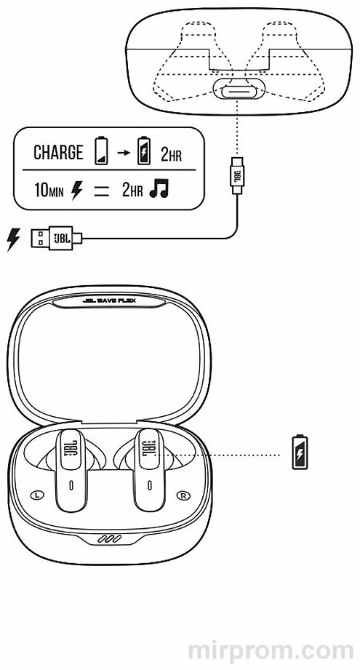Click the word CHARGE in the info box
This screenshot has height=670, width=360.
coord(58,153)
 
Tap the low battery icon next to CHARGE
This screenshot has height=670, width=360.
coord(101,151)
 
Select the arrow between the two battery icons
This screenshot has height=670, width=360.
coord(124,152)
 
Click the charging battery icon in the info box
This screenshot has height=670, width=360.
coord(144,151)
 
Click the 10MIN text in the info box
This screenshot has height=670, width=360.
coord(49,191)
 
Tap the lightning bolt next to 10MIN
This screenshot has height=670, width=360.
coord(76,191)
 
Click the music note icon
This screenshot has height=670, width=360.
coord(159,188)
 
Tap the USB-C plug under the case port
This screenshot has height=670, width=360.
coord(237,175)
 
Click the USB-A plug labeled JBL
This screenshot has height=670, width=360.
coord(57,238)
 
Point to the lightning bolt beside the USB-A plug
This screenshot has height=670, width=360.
coord(13,239)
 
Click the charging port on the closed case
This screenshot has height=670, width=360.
coord(239,90)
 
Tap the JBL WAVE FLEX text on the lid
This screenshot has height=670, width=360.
coord(109,300)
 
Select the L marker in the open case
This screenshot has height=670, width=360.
coord(37,495)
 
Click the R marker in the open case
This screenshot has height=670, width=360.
coord(183,495)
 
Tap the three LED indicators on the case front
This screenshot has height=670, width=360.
coord(109,539)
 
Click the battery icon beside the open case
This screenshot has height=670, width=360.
coord(300,452)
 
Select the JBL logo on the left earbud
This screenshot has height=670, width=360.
coord(71,449)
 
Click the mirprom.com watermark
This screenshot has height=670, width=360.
coord(271,652)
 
